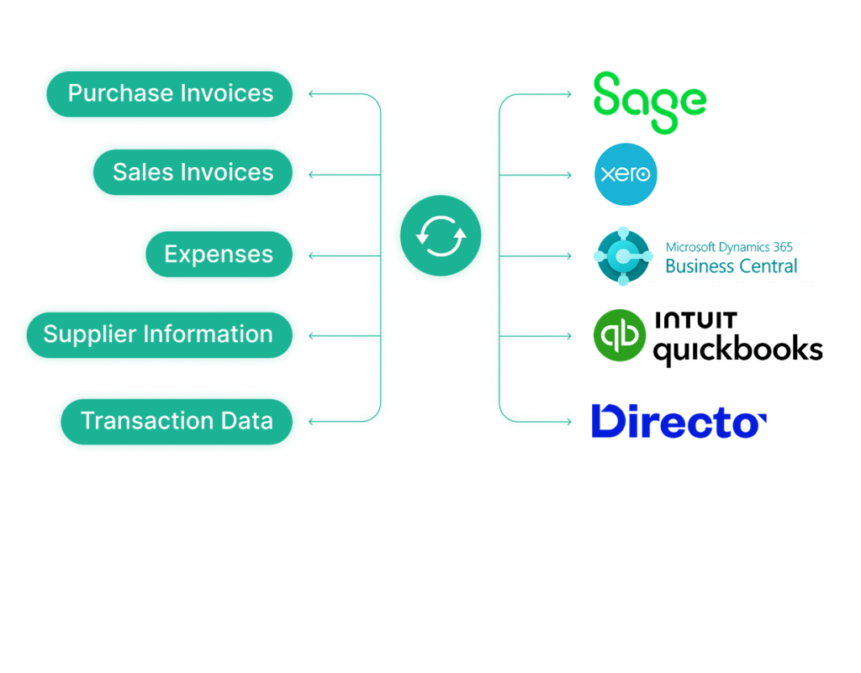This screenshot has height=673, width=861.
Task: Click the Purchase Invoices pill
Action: [169, 93]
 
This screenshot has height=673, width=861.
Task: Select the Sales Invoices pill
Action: [193, 172]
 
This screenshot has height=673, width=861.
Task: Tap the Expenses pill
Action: [219, 254]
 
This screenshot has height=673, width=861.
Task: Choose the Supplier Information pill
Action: [158, 334]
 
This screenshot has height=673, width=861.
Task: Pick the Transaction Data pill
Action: [177, 421]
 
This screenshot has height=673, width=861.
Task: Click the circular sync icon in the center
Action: [441, 236]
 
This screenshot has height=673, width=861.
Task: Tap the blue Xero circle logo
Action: [626, 175]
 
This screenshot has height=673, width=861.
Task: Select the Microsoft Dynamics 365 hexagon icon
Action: [623, 255]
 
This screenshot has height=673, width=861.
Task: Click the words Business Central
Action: [731, 267]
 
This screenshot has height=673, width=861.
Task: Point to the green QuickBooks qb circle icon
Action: [620, 335]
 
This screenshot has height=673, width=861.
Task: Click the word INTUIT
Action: [695, 320]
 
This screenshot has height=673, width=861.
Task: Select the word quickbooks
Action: [737, 349]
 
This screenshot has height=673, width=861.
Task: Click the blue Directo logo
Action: [678, 421]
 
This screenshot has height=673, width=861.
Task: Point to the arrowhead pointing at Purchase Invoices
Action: [312, 94]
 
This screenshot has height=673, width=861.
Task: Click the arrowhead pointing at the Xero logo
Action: [568, 175]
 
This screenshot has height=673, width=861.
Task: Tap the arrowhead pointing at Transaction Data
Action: [312, 421]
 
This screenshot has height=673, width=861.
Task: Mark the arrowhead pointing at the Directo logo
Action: [568, 421]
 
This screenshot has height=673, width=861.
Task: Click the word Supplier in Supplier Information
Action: [90, 334]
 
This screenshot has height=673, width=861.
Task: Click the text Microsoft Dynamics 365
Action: [729, 247]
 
